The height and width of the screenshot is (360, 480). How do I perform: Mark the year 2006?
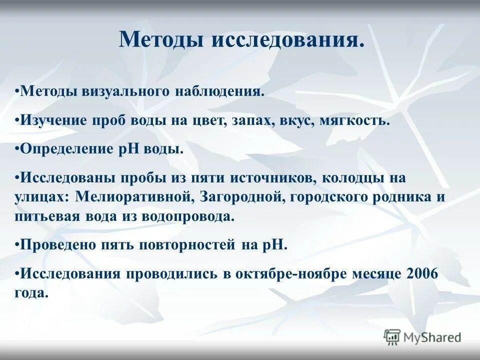pos(422,273)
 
